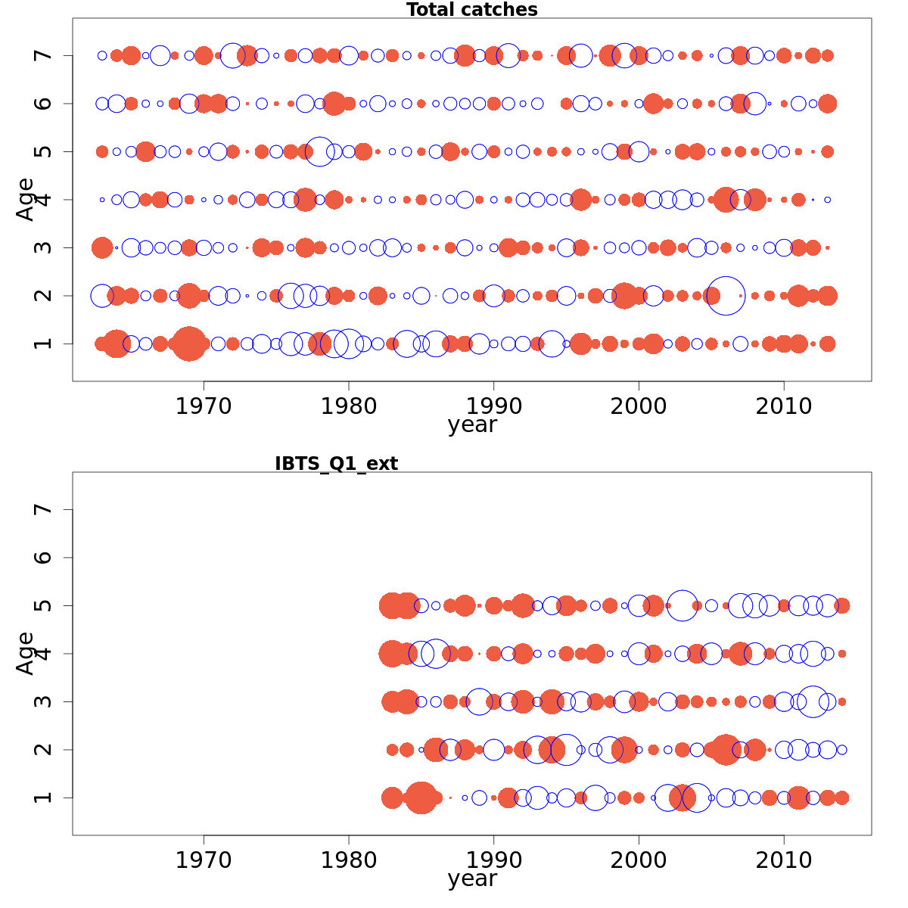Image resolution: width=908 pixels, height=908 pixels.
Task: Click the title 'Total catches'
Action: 471,10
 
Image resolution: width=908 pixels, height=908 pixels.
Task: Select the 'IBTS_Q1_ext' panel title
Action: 336,464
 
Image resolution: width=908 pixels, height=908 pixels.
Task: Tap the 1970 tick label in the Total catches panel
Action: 204,406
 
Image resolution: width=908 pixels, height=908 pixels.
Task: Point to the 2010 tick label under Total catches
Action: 784,406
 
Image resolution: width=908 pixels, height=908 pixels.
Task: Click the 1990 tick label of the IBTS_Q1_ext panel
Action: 493,860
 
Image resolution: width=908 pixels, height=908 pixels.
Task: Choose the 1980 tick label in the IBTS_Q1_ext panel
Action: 349,860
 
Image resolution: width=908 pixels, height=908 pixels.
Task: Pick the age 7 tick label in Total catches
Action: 43,55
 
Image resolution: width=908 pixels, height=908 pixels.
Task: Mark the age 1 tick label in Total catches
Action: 43,344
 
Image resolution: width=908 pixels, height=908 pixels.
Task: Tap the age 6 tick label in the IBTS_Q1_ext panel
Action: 43,558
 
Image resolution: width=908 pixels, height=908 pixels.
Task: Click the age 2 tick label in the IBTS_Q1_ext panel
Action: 43,750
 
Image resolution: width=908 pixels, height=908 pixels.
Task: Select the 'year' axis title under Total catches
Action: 471,424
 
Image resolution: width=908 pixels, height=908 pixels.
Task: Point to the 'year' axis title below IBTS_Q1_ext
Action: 471,878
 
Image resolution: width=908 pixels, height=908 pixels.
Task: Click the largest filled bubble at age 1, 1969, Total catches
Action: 188,344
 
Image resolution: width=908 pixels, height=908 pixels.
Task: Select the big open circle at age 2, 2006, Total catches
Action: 726,295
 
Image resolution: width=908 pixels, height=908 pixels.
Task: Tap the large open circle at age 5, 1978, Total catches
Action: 319,151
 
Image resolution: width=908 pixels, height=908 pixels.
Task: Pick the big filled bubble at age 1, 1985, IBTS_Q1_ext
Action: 421,798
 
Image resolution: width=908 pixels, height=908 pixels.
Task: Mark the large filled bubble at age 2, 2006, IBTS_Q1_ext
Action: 726,750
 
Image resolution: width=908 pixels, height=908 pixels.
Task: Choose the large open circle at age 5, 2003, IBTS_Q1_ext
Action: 683,605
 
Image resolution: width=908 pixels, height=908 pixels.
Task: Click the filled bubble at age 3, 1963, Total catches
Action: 101,247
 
